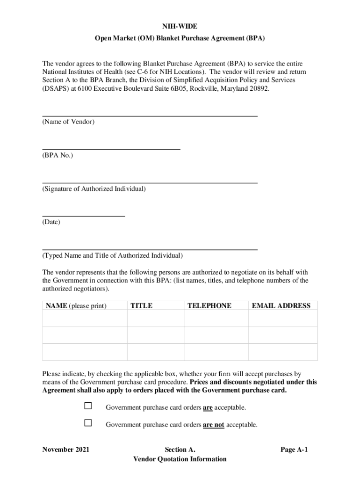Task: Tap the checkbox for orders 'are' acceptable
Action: click(x=88, y=406)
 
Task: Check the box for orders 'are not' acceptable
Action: click(x=88, y=423)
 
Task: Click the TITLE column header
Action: click(x=141, y=306)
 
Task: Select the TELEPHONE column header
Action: click(x=209, y=306)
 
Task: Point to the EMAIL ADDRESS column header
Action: click(x=281, y=306)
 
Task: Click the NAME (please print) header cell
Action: click(x=76, y=306)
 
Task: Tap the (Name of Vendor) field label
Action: click(x=68, y=122)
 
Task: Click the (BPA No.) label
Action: click(x=58, y=155)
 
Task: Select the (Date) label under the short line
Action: click(x=51, y=222)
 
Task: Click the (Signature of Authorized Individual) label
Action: click(x=94, y=189)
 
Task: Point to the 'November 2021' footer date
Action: click(x=65, y=450)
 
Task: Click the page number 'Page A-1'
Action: click(x=294, y=450)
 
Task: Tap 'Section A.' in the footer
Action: click(x=180, y=450)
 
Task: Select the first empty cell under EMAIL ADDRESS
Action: click(x=283, y=318)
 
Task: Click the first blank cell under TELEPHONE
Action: click(x=216, y=318)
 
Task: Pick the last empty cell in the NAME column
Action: click(x=85, y=352)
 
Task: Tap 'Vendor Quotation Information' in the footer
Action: click(x=180, y=459)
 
